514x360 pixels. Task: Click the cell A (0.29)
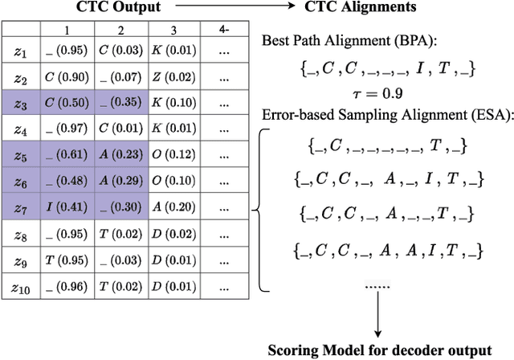pyautogui.click(x=121, y=182)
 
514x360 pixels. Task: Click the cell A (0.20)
pyautogui.click(x=172, y=207)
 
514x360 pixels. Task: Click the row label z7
pyautogui.click(x=22, y=207)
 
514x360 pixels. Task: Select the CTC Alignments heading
pyautogui.click(x=361, y=8)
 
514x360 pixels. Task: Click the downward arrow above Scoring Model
pyautogui.click(x=377, y=317)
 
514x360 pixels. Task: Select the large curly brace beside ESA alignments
pyautogui.click(x=260, y=211)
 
